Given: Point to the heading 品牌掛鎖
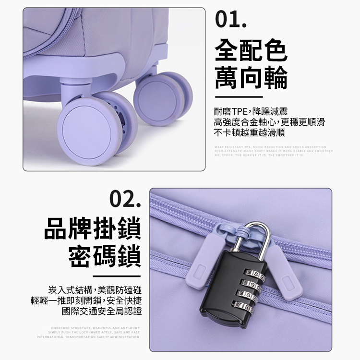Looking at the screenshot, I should coord(92,229).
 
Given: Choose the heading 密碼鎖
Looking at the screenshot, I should coord(105,257).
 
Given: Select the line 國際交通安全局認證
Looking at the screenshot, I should coord(102,311).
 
